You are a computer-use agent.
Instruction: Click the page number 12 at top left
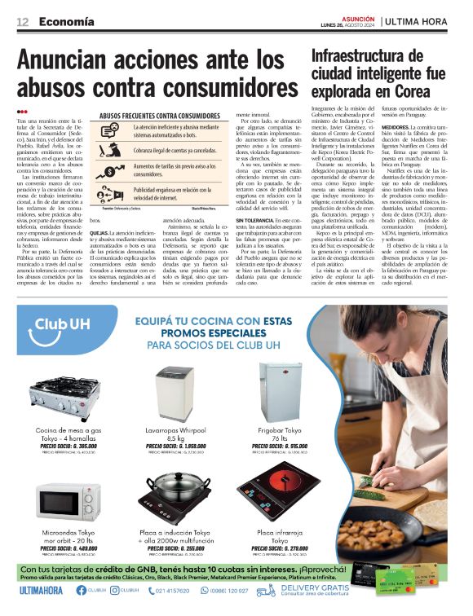[23, 20]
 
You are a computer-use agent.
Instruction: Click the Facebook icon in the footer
[80, 590]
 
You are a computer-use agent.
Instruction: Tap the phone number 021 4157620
[173, 591]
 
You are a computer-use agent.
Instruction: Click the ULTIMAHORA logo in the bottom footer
[41, 590]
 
